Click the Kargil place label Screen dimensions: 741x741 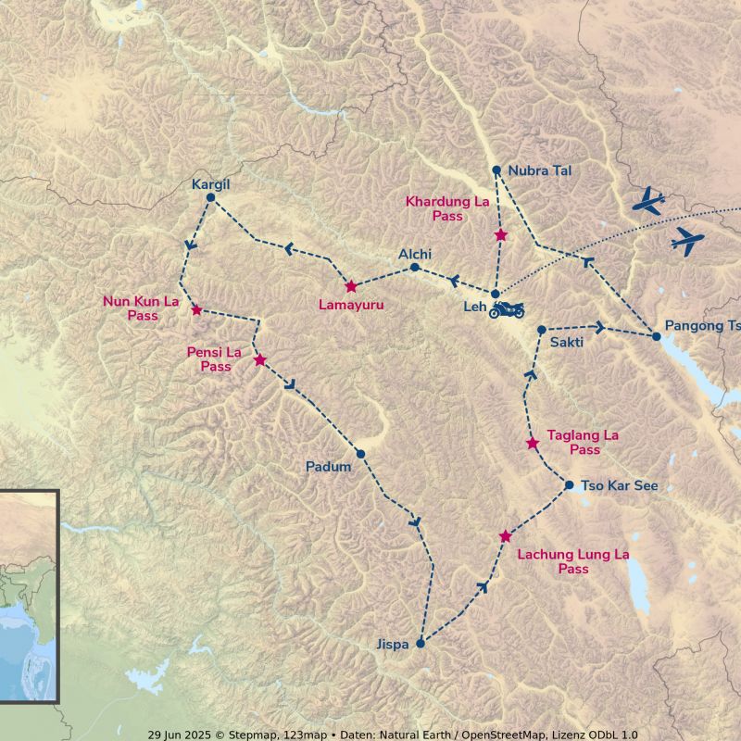click(209, 183)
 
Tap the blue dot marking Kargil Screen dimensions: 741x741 click(211, 197)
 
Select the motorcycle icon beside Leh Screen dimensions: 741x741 click(508, 309)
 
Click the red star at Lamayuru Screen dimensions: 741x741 click(351, 287)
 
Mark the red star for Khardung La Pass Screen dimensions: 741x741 click(501, 235)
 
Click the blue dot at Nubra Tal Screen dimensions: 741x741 click(496, 170)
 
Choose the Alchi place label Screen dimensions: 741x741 click(415, 254)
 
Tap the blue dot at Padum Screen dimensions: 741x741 click(360, 454)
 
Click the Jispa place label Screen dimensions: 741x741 click(392, 645)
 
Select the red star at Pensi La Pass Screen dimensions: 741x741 click(260, 359)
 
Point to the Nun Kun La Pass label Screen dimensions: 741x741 click(141, 308)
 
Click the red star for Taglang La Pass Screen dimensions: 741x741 click(533, 444)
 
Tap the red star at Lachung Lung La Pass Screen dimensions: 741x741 click(506, 536)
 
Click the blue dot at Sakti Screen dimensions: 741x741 click(542, 330)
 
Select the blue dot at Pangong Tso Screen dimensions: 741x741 click(657, 336)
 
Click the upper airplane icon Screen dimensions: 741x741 click(648, 201)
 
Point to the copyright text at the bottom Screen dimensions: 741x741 click(393, 735)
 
